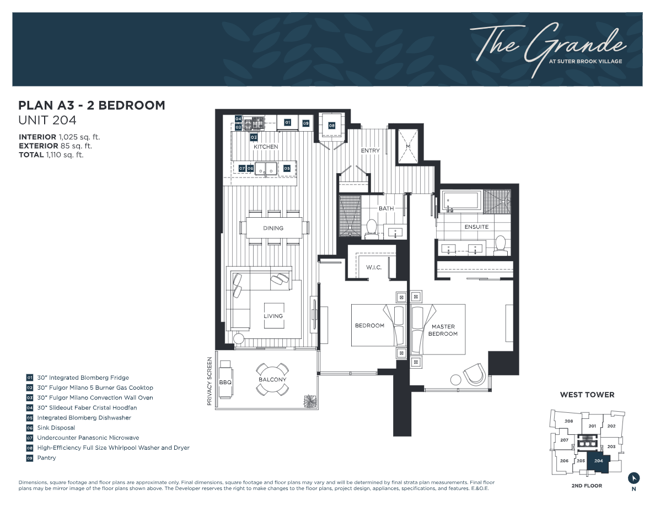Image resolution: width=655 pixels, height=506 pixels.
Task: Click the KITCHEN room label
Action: click(x=265, y=147)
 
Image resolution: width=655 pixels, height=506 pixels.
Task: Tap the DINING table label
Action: click(x=273, y=228)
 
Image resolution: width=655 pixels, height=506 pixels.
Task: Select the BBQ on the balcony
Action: click(x=225, y=381)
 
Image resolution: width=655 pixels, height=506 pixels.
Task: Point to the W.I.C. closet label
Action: click(x=374, y=267)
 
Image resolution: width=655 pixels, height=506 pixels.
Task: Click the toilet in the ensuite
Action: click(x=501, y=244)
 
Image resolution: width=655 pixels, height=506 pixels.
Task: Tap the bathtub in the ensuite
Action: click(x=461, y=201)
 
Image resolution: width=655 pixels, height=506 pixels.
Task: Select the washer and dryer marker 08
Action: click(x=332, y=126)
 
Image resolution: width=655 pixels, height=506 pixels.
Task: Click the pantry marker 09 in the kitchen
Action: click(x=305, y=123)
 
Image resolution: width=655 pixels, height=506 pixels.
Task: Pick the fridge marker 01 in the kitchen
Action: click(x=287, y=122)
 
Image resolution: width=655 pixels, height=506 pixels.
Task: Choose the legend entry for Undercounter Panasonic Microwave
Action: click(x=88, y=438)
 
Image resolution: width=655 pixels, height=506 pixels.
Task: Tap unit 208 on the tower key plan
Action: click(x=568, y=421)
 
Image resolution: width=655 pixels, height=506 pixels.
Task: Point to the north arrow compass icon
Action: click(x=634, y=478)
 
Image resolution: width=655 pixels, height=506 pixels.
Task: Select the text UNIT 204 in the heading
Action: click(x=47, y=120)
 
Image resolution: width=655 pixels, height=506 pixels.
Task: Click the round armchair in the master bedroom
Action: click(x=475, y=376)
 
